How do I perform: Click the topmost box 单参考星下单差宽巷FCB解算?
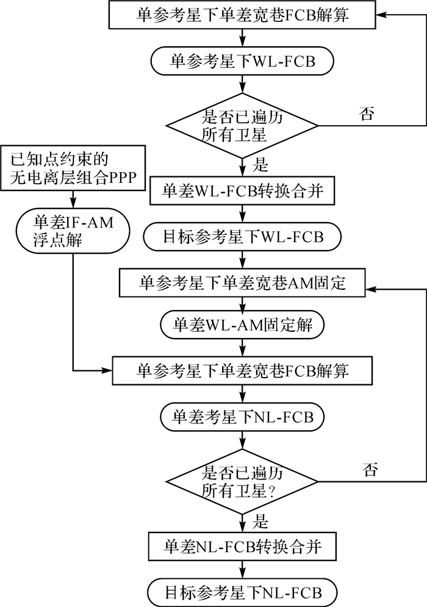243,15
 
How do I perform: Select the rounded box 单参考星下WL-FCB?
243,62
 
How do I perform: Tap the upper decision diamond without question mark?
243,125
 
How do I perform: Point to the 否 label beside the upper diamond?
367,114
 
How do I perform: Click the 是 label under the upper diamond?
261,165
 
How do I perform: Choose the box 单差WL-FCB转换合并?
243,191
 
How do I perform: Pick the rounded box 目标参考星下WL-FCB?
243,236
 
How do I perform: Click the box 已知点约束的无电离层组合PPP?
73,170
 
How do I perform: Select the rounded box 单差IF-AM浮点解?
73,231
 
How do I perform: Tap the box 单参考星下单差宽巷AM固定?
243,282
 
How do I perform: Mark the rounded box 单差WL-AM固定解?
243,325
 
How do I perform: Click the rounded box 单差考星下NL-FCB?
243,418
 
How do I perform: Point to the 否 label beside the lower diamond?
370,470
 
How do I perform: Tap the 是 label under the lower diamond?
261,522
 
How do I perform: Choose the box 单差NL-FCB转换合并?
243,547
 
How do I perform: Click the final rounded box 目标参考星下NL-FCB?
243,591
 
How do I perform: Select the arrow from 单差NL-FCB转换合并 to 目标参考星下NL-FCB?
243,570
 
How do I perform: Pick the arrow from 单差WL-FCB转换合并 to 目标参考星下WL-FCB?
243,214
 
